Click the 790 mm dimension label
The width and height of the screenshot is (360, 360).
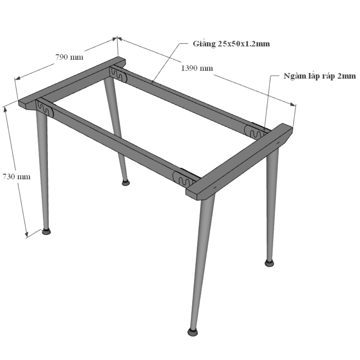(69, 57)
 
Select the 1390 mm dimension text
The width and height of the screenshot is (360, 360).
(197, 68)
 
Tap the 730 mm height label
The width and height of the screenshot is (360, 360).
(17, 176)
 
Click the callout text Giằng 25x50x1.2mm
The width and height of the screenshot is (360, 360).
(231, 44)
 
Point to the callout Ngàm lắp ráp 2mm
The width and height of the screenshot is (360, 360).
(320, 76)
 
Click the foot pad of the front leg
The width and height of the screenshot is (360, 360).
(193, 332)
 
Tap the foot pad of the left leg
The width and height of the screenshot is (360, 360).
(46, 231)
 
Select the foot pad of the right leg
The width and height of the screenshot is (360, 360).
(269, 263)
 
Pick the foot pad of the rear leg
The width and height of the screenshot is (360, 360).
(126, 183)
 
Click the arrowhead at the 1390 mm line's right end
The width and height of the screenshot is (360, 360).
(293, 104)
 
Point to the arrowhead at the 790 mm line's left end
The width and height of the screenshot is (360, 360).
(17, 78)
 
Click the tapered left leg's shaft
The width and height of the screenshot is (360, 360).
(43, 170)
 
